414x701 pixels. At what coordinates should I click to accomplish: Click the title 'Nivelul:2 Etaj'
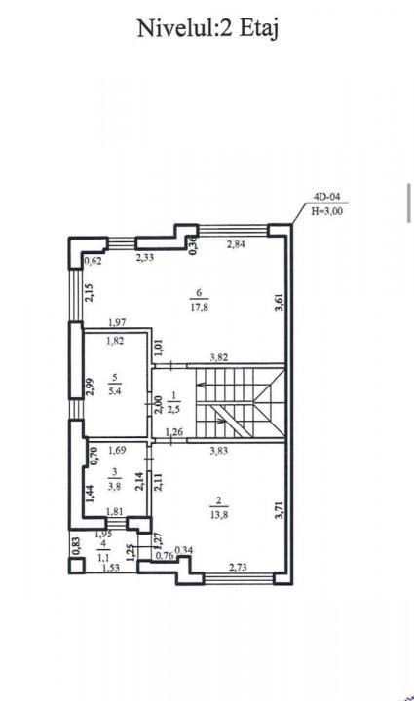[x=207, y=29]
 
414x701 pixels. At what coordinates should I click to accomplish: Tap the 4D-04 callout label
[x=327, y=197]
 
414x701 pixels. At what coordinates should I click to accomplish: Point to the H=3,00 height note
[x=327, y=211]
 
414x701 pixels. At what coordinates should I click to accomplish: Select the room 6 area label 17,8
[x=199, y=307]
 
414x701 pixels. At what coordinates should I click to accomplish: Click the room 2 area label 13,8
[x=219, y=515]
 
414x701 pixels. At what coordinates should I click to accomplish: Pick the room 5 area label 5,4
[x=115, y=391]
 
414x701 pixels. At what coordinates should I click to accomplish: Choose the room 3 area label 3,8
[x=114, y=487]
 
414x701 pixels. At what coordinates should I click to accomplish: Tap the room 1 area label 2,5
[x=174, y=409]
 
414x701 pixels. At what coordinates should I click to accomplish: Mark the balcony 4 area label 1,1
[x=103, y=558]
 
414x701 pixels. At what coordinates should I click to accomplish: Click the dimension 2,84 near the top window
[x=236, y=244]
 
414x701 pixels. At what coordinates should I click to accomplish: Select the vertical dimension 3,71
[x=279, y=509]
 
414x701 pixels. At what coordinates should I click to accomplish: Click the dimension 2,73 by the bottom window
[x=238, y=568]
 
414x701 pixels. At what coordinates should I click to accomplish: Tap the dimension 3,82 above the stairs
[x=219, y=357]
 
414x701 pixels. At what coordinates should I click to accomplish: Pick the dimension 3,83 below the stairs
[x=219, y=451]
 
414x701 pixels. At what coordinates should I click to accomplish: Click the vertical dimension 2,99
[x=90, y=387]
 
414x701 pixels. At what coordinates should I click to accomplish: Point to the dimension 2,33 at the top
[x=145, y=257]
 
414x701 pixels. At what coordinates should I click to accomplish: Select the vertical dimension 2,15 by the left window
[x=90, y=293]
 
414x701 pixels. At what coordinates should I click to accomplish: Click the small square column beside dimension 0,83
[x=76, y=566]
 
